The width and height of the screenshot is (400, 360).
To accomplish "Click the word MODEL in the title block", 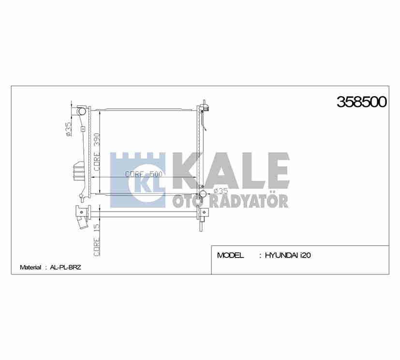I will pos(230,256).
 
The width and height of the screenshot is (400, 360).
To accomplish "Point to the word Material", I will pos(30,267).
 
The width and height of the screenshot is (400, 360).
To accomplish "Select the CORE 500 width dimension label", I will pos(143,174).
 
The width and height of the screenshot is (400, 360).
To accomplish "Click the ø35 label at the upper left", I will pos(69,129).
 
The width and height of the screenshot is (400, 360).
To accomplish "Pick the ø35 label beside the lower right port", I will pos(220,191).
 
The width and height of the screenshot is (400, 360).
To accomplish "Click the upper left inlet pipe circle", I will pos(81,112).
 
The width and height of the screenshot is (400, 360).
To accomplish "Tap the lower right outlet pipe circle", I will pos(204,194).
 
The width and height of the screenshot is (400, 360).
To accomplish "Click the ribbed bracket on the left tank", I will pos(78,171).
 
